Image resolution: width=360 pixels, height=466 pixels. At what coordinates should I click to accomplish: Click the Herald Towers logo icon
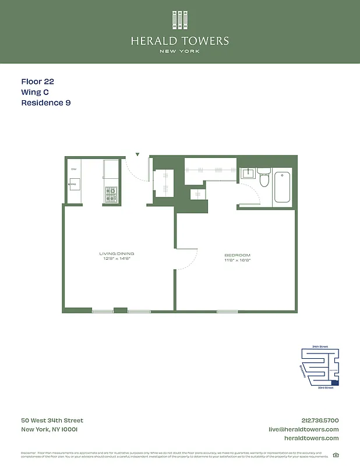click(x=179, y=20)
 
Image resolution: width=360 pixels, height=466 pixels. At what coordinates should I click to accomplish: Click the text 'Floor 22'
click(x=37, y=82)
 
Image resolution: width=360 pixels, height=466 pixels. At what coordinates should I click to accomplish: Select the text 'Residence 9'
click(x=46, y=103)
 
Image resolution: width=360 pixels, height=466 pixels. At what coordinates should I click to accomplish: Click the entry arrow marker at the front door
click(x=137, y=155)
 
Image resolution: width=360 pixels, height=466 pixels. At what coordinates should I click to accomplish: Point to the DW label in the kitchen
click(x=74, y=169)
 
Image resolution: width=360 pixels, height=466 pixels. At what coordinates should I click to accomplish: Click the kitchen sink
click(x=74, y=185)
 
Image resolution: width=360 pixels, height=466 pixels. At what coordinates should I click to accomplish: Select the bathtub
click(x=283, y=186)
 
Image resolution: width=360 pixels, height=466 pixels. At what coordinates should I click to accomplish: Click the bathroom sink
click(x=248, y=172)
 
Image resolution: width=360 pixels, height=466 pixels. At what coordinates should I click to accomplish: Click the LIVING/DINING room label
click(x=117, y=253)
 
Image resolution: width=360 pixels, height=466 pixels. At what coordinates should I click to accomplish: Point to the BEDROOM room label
click(x=237, y=255)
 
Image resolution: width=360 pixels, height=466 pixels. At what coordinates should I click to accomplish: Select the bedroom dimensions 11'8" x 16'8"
click(x=237, y=260)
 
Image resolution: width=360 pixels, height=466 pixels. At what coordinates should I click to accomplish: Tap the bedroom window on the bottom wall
click(x=227, y=312)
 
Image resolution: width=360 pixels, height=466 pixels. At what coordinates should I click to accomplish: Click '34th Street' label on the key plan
click(x=320, y=347)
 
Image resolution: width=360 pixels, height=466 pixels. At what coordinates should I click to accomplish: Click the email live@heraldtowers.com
click(x=303, y=429)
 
